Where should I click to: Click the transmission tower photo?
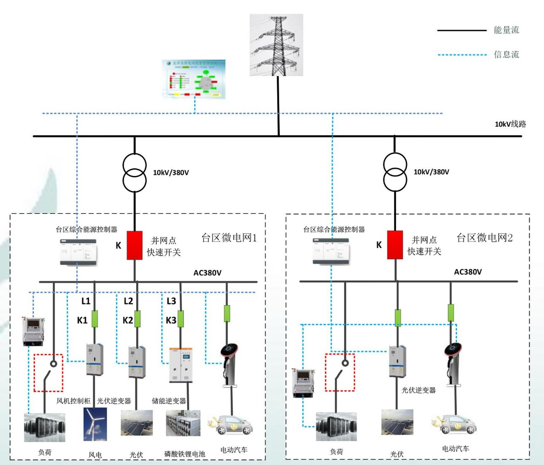[276, 45]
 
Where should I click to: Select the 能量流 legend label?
[506, 30]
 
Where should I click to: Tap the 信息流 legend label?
[506, 54]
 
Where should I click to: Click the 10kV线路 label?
[510, 124]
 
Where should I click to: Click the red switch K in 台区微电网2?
[395, 245]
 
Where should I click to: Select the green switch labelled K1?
[95, 319]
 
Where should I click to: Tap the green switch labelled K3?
[181, 319]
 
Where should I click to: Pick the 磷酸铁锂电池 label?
[184, 454]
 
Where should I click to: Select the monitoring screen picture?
[194, 79]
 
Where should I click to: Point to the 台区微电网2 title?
[484, 238]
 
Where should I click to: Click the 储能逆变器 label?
[169, 401]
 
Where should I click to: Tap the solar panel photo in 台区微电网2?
[397, 422]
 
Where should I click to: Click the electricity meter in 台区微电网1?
[33, 331]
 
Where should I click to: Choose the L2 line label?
[128, 301]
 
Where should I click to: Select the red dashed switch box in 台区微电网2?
[340, 372]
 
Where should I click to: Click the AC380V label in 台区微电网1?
[207, 273]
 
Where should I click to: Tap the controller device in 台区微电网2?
[331, 252]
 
